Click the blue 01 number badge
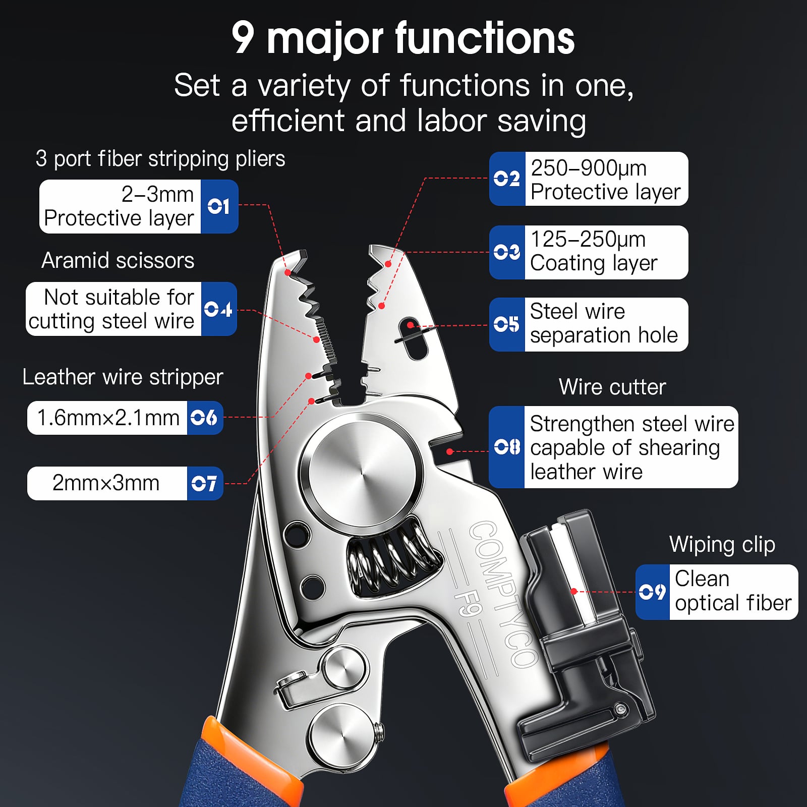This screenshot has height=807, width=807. click(219, 206)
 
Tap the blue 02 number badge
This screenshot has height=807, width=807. click(507, 179)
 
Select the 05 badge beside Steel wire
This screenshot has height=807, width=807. click(507, 324)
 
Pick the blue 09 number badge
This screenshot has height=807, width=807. click(652, 592)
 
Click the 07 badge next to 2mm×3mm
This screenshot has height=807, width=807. click(205, 483)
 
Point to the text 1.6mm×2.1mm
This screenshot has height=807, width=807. click(108, 418)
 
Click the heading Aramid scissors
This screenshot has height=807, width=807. click(118, 260)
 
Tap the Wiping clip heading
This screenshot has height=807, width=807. click(722, 545)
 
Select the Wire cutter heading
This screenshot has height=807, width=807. click(612, 387)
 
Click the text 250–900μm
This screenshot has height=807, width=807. click(589, 168)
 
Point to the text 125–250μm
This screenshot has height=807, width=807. click(588, 239)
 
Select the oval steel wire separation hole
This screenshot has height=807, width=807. click(413, 338)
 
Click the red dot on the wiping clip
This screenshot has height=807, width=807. click(573, 591)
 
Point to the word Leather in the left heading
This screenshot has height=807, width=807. click(59, 377)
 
